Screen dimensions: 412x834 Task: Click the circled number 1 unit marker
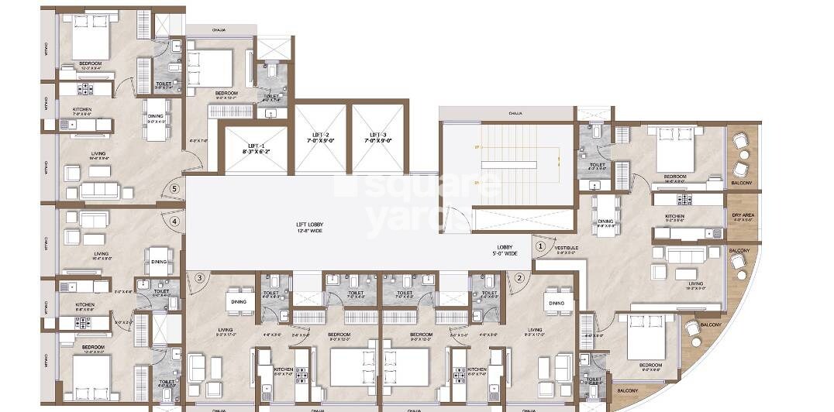540,246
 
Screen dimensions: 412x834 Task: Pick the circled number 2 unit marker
520,278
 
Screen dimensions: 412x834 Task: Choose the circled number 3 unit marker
199,278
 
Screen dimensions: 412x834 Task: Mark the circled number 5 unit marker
174,188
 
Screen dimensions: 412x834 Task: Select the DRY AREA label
742,217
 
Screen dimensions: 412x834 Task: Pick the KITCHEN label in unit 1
674,217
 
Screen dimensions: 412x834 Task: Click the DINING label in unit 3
239,302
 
